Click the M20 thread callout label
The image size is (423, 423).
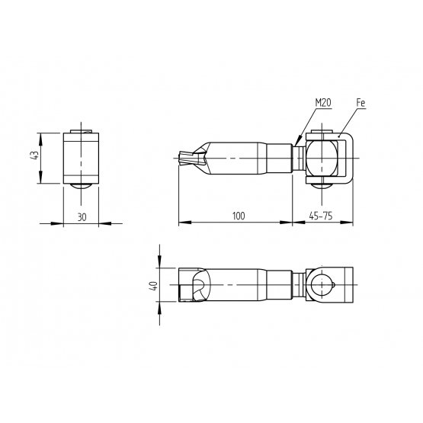[x=323, y=103]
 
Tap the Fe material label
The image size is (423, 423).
[x=361, y=103]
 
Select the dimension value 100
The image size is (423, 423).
[x=239, y=216]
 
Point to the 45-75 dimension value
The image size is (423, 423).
[x=321, y=216]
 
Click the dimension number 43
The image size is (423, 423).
[x=35, y=155]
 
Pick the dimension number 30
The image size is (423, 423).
[x=82, y=217]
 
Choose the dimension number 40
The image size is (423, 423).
[x=154, y=286]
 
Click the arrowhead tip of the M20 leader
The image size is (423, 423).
[x=296, y=146]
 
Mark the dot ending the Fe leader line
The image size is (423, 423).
[x=338, y=136]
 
